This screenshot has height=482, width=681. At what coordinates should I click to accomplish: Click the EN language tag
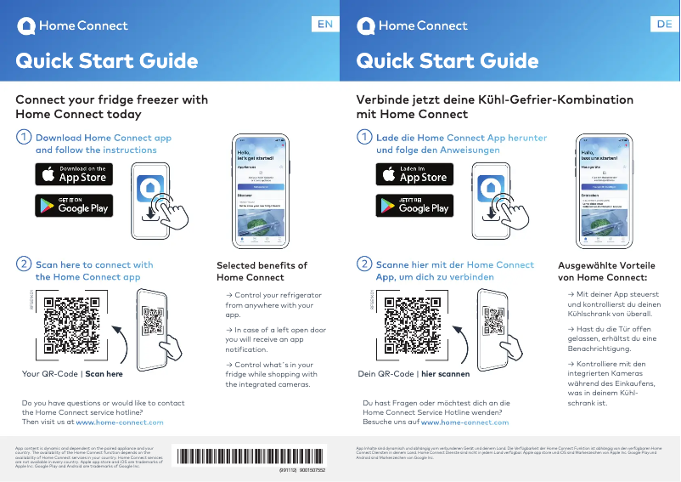pos(324,25)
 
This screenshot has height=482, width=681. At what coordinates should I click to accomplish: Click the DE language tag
pos(664,25)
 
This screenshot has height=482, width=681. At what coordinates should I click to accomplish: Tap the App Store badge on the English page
pos(74,174)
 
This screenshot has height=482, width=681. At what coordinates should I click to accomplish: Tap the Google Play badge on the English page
pos(74,205)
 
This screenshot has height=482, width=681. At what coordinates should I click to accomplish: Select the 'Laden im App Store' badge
pos(414,174)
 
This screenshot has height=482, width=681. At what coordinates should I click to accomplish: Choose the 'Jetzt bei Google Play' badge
pos(414,205)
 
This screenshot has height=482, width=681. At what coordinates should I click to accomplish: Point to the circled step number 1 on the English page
pos(25,137)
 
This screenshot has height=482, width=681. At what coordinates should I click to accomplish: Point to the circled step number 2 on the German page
pos(364,264)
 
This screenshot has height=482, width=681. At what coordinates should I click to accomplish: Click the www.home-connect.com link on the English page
pos(120,422)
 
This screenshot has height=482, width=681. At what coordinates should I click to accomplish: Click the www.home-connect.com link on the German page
pos(464,422)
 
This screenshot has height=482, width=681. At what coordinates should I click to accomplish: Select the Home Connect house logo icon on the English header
pos(26,26)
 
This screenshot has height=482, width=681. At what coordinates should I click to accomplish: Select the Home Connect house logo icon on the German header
pos(366,26)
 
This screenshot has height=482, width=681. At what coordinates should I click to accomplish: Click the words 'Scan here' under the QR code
pos(104,374)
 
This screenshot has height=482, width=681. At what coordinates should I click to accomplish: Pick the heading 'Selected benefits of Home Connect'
pos(262,271)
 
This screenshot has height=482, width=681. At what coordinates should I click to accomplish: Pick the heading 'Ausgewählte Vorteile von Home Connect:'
pos(605,271)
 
